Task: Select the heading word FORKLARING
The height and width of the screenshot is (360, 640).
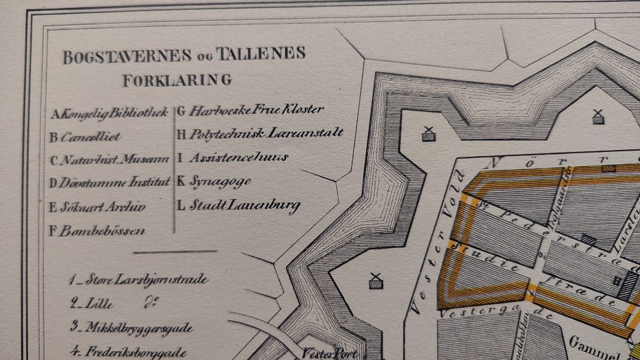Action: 177,80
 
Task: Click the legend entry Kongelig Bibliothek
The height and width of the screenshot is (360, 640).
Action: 110,113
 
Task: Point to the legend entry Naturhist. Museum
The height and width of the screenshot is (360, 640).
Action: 110,160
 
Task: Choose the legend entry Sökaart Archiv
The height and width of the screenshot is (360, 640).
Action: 97,207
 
